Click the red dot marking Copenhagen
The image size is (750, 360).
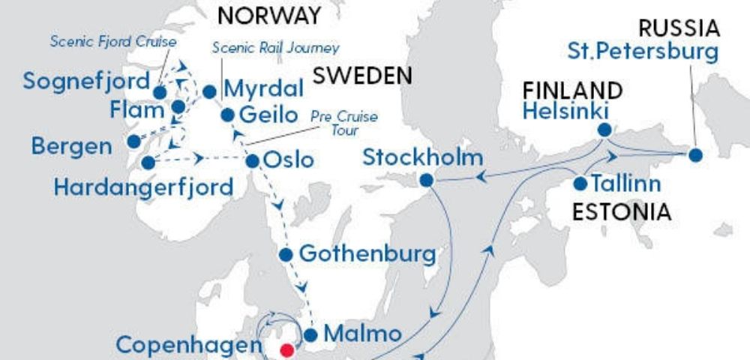point(286,349)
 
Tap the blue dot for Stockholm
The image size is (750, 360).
point(427,180)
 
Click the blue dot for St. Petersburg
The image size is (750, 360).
point(695,155)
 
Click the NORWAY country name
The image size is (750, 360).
point(269,16)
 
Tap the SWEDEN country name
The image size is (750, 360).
point(363,75)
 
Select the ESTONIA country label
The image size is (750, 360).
point(621,211)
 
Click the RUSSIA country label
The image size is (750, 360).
point(679,29)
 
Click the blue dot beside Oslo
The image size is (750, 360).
point(253,160)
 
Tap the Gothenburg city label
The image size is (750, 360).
point(367,253)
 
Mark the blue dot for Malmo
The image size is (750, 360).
point(311,334)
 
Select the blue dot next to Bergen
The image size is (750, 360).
point(133,141)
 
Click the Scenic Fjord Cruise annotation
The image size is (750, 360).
point(112,41)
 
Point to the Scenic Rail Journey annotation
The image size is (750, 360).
point(275,48)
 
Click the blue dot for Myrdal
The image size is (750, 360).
point(210,91)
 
